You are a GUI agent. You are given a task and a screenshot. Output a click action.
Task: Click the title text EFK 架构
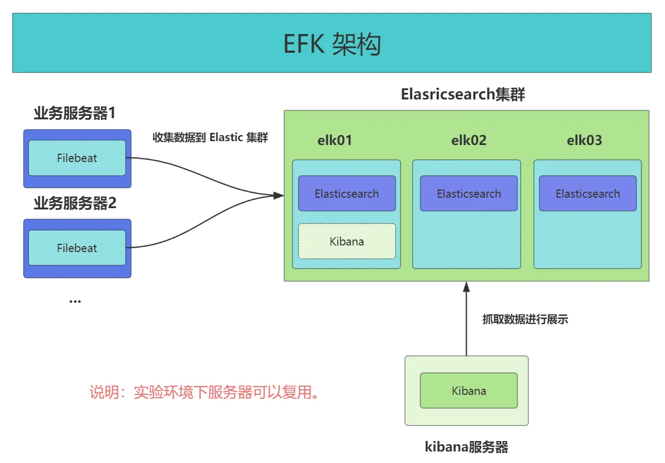click(332, 44)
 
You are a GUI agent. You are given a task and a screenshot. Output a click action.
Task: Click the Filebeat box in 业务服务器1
click(77, 158)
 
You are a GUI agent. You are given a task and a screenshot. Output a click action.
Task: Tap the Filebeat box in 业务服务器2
click(77, 248)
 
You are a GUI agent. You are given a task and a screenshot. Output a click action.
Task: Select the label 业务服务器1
click(75, 114)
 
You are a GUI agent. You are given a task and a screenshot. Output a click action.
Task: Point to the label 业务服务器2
click(75, 204)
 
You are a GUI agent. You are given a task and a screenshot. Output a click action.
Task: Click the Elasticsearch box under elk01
click(347, 193)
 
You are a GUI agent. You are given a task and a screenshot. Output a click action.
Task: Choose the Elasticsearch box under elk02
click(469, 193)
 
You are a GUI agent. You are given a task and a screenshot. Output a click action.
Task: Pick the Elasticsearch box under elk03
click(588, 193)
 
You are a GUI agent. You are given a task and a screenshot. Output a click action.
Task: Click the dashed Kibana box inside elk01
click(347, 241)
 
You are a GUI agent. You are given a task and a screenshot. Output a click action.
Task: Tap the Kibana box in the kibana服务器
click(469, 391)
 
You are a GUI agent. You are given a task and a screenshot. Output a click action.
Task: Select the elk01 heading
click(335, 141)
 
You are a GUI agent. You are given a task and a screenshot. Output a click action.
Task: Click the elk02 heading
click(469, 141)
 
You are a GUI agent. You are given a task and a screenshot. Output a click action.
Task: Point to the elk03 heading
click(584, 141)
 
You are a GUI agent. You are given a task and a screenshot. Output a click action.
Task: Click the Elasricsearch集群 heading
click(463, 94)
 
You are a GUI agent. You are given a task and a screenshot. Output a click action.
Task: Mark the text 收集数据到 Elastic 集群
click(210, 137)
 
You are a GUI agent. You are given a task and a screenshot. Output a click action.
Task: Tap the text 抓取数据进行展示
click(525, 319)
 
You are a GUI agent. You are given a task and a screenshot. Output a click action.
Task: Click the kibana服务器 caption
click(466, 447)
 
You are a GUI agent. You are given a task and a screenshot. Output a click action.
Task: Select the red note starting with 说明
click(205, 393)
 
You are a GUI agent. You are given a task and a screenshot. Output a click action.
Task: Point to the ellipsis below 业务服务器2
click(75, 301)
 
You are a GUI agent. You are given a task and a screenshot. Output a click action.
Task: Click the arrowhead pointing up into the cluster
click(466, 287)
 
